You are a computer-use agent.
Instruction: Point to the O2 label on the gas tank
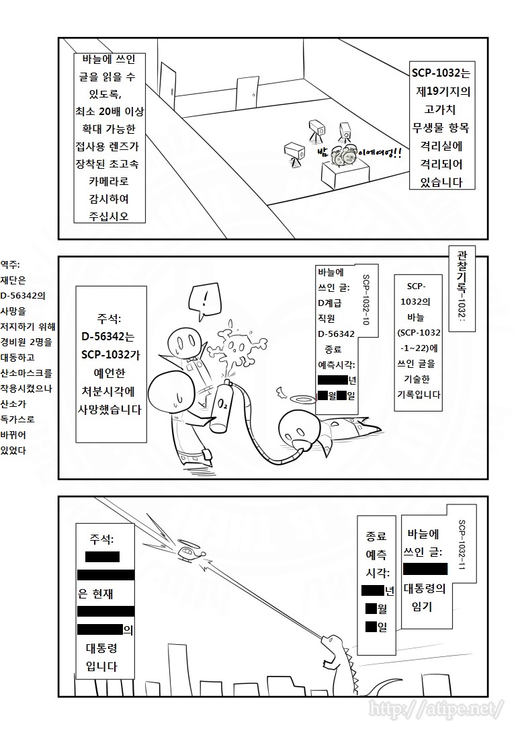tap(221, 405)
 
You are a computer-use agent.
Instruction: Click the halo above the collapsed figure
tap(300, 399)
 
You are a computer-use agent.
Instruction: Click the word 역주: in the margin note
tap(13, 264)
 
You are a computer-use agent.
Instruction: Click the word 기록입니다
tap(418, 395)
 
